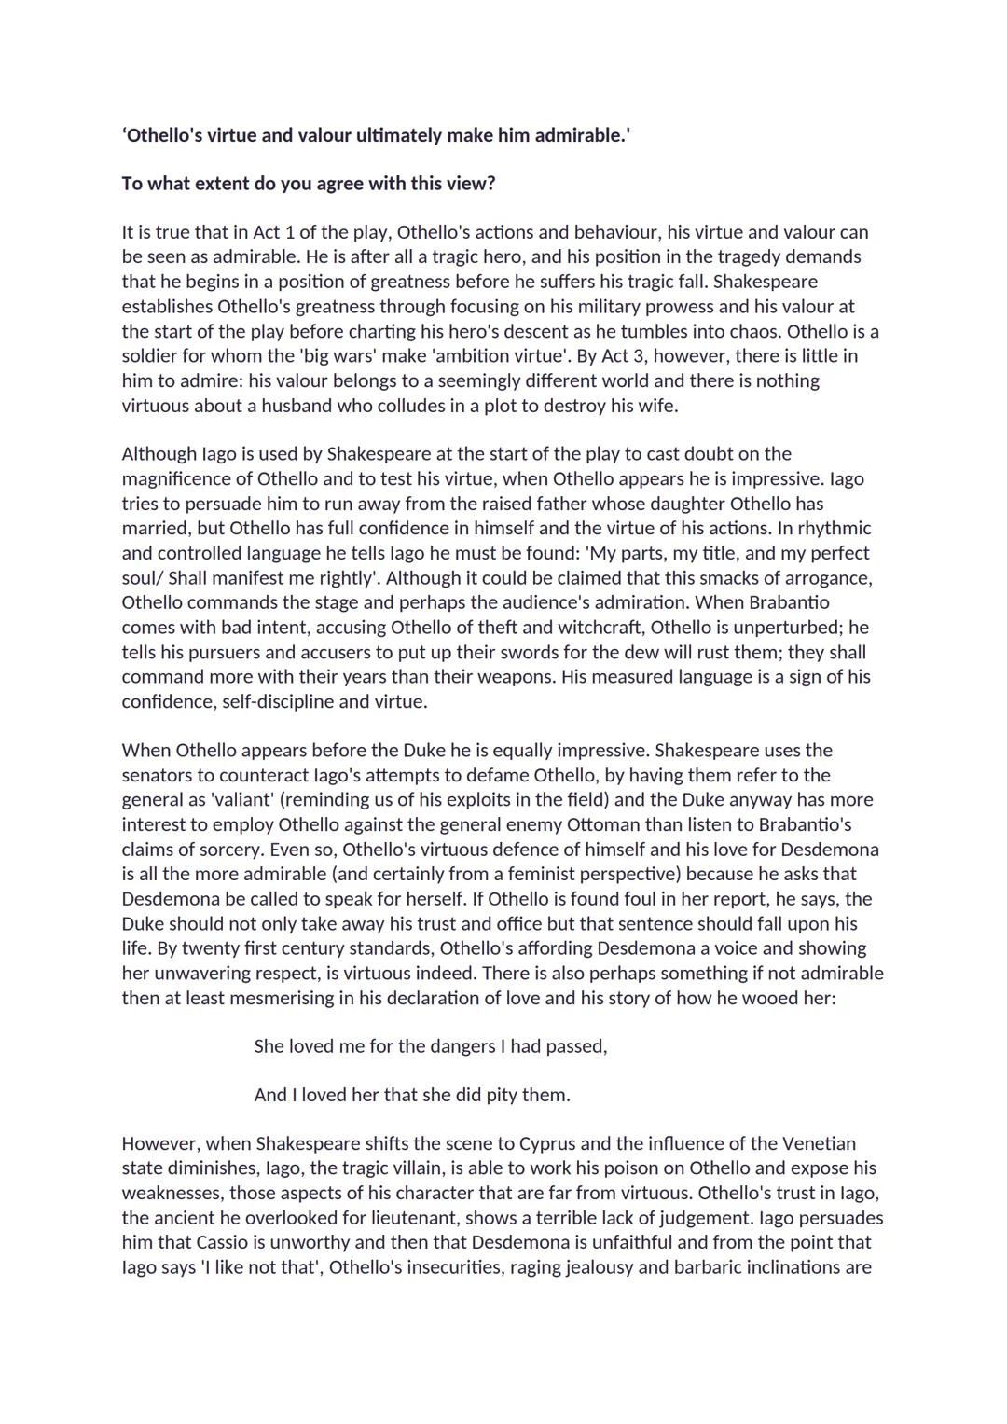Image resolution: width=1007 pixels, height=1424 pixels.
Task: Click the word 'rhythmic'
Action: pyautogui.click(x=833, y=528)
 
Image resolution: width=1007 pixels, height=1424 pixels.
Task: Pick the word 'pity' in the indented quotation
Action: pyautogui.click(x=502, y=1096)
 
